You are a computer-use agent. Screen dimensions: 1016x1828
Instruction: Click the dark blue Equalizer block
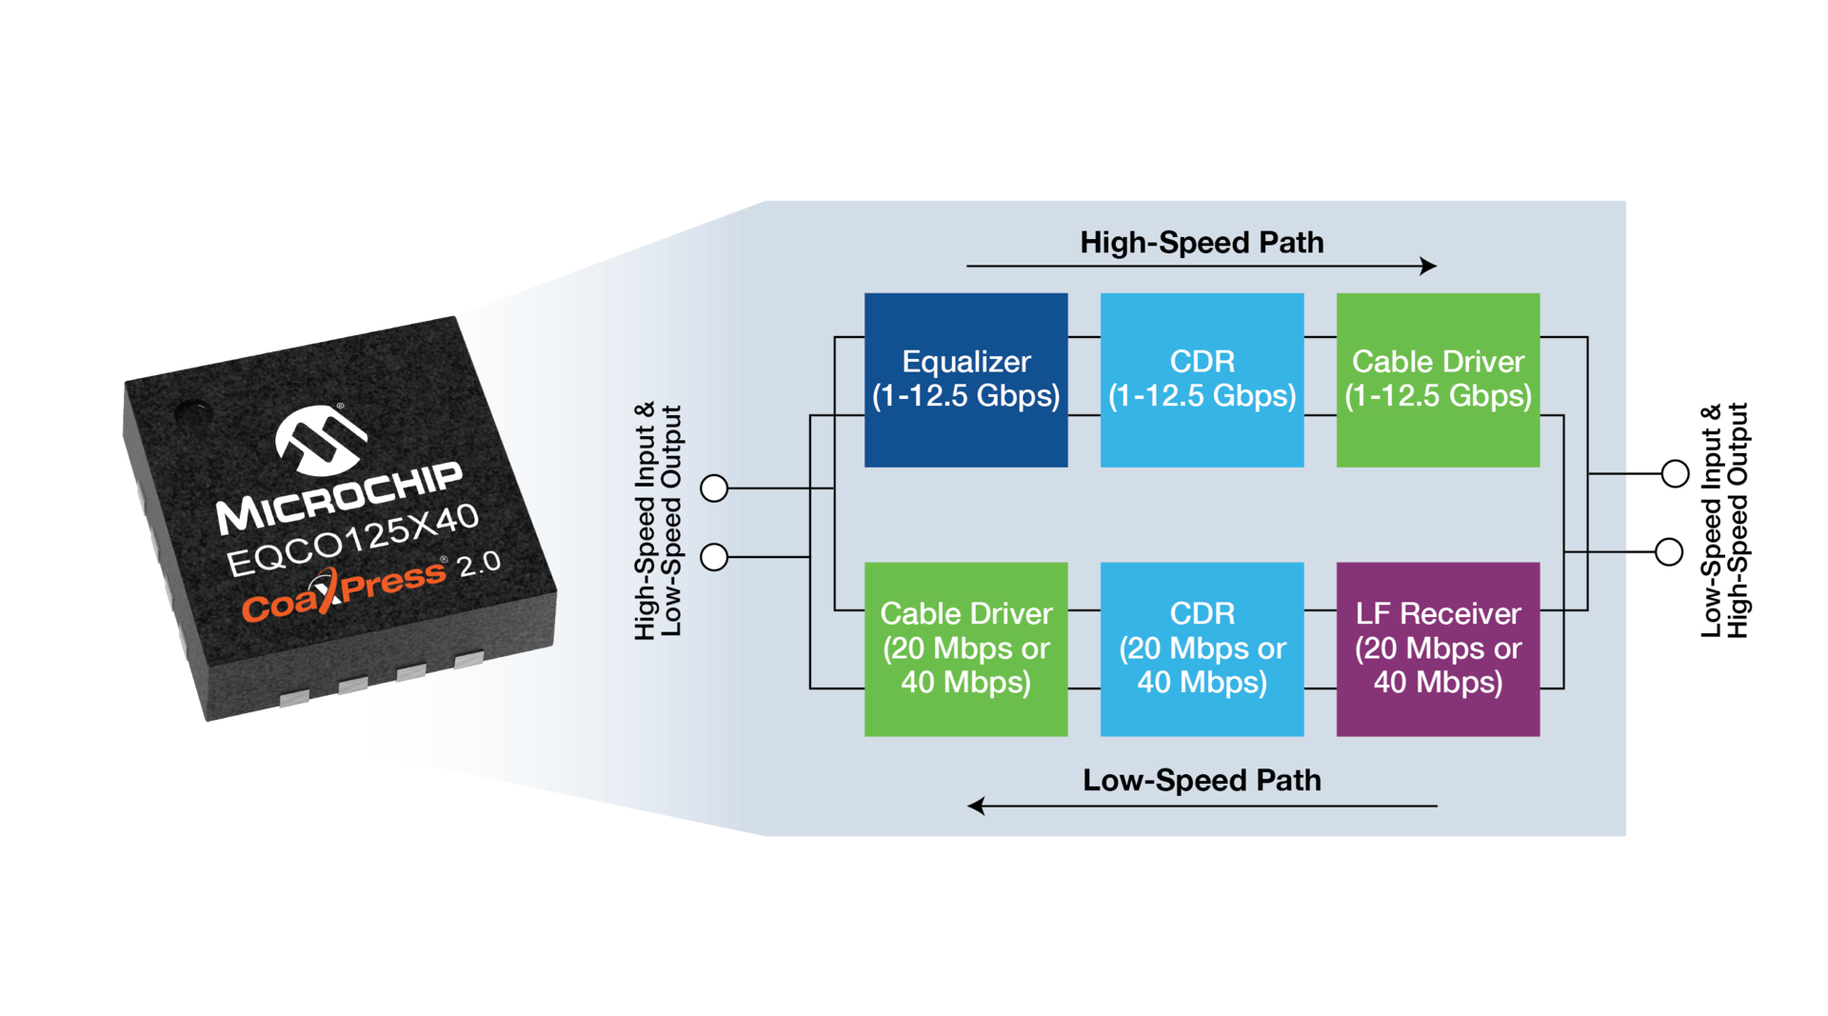965,379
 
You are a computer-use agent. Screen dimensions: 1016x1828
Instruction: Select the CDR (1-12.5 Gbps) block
1202,379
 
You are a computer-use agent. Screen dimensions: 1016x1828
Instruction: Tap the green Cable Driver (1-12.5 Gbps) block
1438,379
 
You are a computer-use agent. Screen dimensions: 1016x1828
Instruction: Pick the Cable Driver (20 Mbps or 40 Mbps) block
965,648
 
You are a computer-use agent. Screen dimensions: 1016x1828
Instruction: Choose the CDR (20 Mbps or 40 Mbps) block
1202,648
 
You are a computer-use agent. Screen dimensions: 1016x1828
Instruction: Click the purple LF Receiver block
1438,648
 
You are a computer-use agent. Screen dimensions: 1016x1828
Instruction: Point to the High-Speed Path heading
1202,243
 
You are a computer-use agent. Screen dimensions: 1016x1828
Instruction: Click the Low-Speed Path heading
1202,781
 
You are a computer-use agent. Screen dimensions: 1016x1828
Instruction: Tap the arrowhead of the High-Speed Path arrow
1429,267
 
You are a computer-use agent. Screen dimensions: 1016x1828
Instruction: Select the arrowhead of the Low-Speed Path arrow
976,807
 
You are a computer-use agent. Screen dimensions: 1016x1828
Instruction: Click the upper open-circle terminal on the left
714,488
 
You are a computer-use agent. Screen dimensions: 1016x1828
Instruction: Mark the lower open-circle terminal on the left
714,557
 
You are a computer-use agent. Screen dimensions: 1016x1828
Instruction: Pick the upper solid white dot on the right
1675,473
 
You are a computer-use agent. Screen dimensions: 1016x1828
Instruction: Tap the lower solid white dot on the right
1669,552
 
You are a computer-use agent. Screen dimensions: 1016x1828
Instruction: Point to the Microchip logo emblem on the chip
320,440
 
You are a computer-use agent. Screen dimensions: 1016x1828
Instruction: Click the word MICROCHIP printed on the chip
339,498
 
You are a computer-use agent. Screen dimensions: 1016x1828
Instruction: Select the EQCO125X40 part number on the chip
352,540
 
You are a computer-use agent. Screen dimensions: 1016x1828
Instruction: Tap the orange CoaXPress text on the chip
343,591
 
